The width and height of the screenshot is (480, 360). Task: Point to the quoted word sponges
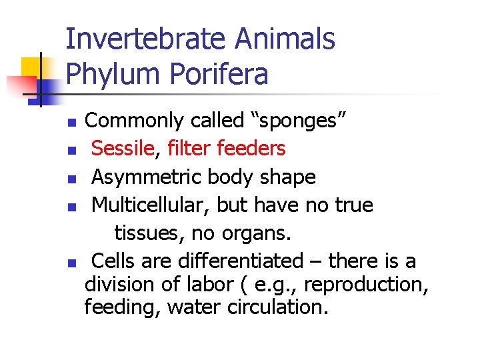297,121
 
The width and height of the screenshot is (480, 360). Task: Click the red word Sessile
123,148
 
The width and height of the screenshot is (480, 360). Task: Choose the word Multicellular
151,205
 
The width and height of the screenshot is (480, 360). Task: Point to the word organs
261,234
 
